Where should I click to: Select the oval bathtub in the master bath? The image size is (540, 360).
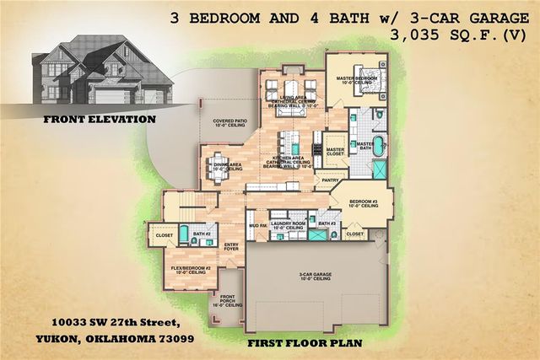378,145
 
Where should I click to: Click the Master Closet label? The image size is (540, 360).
335,150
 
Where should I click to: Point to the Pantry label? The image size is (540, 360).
331,180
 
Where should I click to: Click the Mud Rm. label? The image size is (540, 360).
256,225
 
